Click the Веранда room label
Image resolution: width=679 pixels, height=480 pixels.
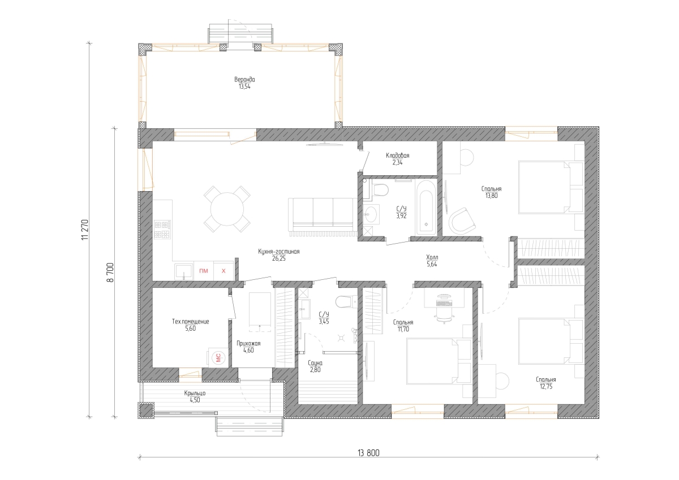(x=244, y=80)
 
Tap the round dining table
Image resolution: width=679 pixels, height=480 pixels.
(x=227, y=209)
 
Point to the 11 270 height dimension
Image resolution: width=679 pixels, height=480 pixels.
(x=85, y=230)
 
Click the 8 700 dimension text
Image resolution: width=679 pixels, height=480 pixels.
(x=110, y=273)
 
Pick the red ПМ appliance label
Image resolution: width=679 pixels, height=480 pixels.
(x=203, y=271)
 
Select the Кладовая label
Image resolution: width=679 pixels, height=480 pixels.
(x=397, y=155)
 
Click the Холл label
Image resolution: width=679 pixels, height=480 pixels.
(x=432, y=257)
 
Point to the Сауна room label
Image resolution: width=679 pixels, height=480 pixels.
(x=315, y=363)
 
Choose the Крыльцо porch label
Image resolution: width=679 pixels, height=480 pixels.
(x=195, y=393)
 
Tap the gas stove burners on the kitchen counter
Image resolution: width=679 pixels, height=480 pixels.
(x=162, y=229)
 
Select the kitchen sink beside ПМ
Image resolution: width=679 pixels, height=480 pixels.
(x=183, y=271)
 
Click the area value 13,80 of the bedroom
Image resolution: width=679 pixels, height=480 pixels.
(x=491, y=196)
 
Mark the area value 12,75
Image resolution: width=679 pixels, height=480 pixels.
(x=545, y=386)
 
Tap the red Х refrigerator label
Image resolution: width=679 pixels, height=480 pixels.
(x=224, y=271)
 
